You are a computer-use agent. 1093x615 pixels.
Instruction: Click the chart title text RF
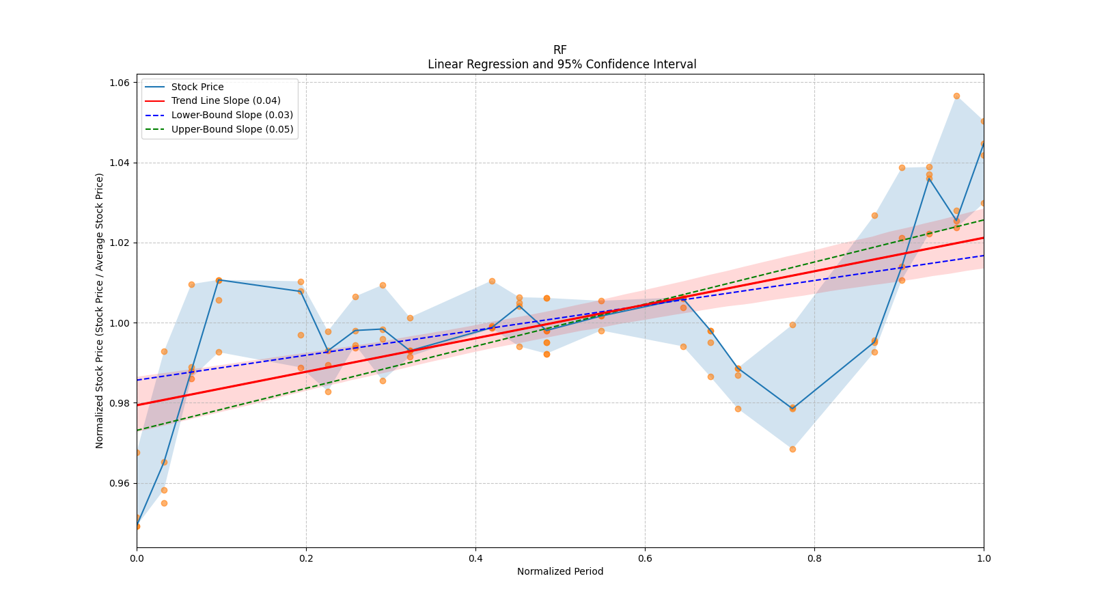click(559, 50)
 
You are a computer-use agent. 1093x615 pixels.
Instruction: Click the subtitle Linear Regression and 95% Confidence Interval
click(562, 64)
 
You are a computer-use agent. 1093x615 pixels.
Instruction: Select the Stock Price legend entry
click(197, 87)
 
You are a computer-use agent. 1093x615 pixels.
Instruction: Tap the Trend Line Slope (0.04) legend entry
click(225, 101)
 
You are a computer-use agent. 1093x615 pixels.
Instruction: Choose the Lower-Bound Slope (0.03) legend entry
click(232, 115)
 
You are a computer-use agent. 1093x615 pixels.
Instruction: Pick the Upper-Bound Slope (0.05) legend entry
click(232, 129)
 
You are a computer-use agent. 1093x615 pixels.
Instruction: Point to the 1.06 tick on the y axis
click(120, 83)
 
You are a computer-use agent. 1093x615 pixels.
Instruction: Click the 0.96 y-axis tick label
click(120, 483)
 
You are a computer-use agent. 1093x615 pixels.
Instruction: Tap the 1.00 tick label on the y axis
click(120, 323)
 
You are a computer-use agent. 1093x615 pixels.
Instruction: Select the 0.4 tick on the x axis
click(475, 558)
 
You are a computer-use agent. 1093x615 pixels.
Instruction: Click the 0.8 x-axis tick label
click(814, 558)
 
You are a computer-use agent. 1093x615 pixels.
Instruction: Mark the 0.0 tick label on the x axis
click(137, 558)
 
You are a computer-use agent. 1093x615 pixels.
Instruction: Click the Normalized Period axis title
click(560, 571)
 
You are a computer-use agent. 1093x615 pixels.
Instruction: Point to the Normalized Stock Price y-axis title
click(100, 311)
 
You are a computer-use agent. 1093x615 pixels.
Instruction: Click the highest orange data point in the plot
click(956, 96)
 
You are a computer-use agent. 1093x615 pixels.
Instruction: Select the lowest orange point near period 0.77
click(792, 449)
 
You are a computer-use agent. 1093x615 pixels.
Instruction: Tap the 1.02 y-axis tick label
click(120, 243)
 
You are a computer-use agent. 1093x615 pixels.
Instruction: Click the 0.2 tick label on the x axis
click(306, 558)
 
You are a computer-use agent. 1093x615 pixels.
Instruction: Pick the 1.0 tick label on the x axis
click(984, 558)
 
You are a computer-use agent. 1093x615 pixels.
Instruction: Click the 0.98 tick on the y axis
click(120, 403)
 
